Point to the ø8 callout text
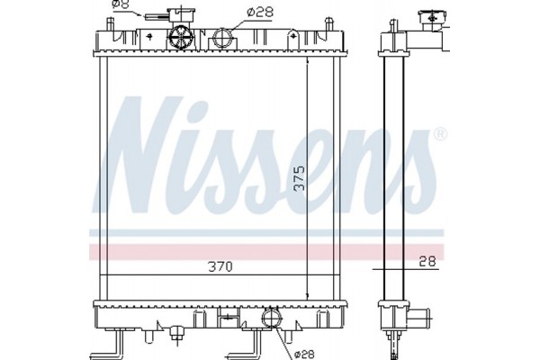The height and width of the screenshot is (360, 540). pos(121,6)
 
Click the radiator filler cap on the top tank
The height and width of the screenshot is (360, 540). pos(180,38)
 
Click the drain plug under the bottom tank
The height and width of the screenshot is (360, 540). pos(179,337)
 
